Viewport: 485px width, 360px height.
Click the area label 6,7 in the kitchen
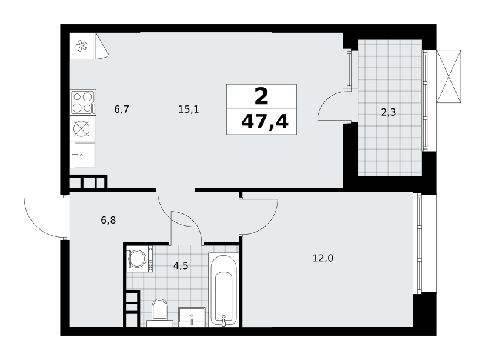pyautogui.click(x=122, y=109)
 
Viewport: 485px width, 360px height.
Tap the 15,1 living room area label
pyautogui.click(x=189, y=109)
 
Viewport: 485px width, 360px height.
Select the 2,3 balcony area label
pyautogui.click(x=388, y=112)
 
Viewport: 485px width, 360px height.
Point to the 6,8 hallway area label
pyautogui.click(x=109, y=220)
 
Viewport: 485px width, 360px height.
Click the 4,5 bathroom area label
pyautogui.click(x=181, y=265)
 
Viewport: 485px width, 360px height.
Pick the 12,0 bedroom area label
pyautogui.click(x=323, y=258)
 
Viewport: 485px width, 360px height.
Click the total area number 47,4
pyautogui.click(x=265, y=122)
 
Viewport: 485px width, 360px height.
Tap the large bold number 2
pyautogui.click(x=261, y=96)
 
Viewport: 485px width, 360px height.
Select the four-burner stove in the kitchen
pyautogui.click(x=82, y=102)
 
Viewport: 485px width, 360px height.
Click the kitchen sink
pyautogui.click(x=82, y=155)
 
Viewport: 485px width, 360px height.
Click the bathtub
pyautogui.click(x=224, y=290)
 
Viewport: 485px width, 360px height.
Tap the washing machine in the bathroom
pyautogui.click(x=139, y=259)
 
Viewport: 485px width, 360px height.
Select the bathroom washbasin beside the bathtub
pyautogui.click(x=192, y=317)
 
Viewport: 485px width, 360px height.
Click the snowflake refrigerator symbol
pyautogui.click(x=81, y=46)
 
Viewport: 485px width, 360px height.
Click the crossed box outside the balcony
pyautogui.click(x=449, y=76)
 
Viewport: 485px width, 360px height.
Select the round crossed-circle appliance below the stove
pyautogui.click(x=82, y=128)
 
